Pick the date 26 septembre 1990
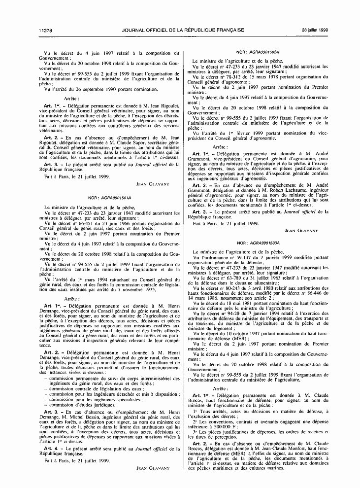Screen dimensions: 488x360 [x=98, y=90]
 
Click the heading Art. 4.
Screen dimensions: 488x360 [x=51, y=449]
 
